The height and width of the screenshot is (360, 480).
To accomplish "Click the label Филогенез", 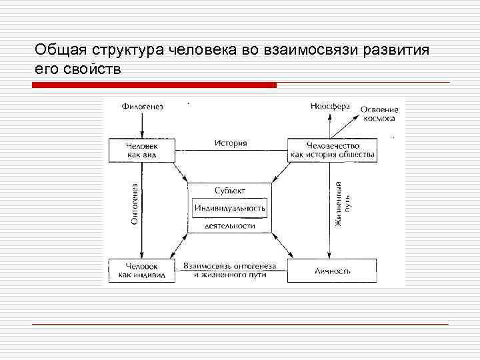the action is click(x=143, y=106).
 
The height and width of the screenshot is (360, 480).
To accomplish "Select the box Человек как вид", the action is click(x=143, y=150).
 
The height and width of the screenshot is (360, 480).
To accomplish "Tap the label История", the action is click(x=231, y=143).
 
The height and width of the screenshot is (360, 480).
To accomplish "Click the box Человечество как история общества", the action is click(x=332, y=150).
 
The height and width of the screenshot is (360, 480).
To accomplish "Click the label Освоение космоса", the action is click(x=379, y=113).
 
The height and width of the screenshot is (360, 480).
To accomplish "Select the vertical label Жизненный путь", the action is click(x=342, y=204).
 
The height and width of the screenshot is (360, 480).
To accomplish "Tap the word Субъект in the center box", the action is click(x=230, y=191).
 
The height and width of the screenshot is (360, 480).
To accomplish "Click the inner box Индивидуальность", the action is click(x=230, y=208).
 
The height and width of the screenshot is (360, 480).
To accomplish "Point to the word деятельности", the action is click(x=230, y=226).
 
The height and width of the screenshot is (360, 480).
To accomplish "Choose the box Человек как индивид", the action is click(x=143, y=270).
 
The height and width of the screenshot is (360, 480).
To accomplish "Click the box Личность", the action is click(x=332, y=271).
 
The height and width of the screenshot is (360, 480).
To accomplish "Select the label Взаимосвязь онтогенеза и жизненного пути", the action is click(x=230, y=270).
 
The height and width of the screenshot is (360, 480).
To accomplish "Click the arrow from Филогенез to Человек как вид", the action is click(x=143, y=124).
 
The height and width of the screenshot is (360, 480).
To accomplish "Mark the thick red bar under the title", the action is click(x=154, y=85).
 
